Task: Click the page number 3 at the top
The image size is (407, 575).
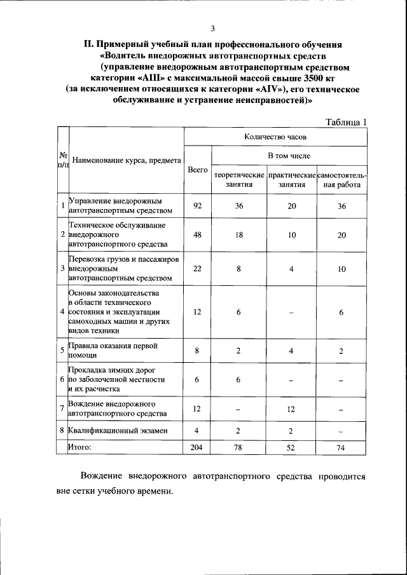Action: (213, 29)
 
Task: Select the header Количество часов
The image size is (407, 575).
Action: (275, 137)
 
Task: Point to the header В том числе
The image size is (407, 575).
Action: (289, 155)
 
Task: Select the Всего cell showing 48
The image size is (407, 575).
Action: (197, 235)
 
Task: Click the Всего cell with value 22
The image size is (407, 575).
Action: (197, 269)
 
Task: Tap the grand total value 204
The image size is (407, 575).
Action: (197, 447)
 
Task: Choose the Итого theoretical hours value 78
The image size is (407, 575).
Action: (238, 448)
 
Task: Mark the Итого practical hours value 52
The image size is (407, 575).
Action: (291, 448)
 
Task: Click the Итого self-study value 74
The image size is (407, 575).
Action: (341, 448)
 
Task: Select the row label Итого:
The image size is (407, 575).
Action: (80, 447)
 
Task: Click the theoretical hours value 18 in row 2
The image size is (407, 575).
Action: (238, 235)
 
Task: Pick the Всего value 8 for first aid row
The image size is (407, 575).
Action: (197, 351)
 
